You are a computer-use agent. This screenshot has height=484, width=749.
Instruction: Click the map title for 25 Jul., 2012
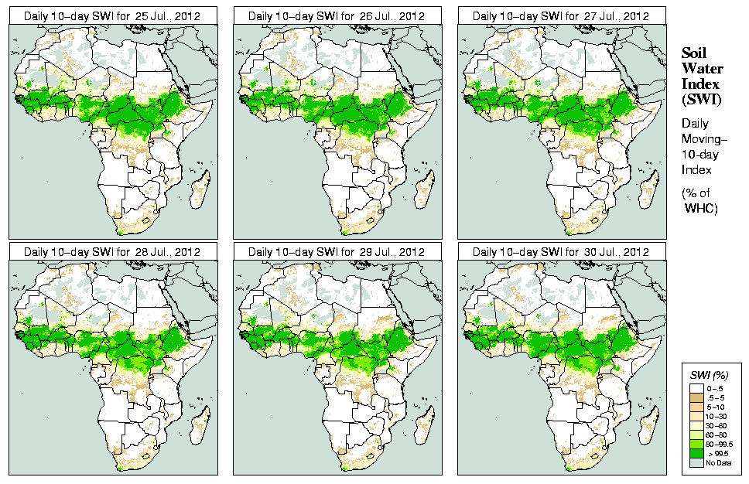coord(112,16)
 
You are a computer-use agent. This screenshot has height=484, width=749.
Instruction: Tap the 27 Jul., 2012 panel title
coord(561,16)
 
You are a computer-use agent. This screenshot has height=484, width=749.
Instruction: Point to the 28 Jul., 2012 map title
coord(112,252)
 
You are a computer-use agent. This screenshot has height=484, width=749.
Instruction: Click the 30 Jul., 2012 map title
coord(561,252)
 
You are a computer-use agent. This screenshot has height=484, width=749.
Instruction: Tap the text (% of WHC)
coord(699,200)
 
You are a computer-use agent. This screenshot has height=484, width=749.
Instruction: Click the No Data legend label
coord(716,462)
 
